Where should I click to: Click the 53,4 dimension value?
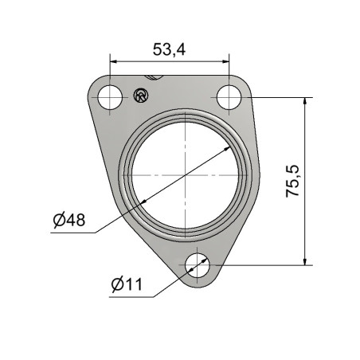coord(169,49)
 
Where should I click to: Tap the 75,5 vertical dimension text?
coord(292,181)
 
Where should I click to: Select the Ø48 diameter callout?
coord(69,220)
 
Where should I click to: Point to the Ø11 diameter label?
coord(127,284)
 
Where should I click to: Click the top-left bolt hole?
coord(110,97)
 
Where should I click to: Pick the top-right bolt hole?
coord(229,97)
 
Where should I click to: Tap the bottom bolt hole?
coord(198,265)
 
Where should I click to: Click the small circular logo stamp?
coord(141,95)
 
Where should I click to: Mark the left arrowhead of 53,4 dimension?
coord(113,61)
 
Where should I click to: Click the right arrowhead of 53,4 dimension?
coord(225,61)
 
